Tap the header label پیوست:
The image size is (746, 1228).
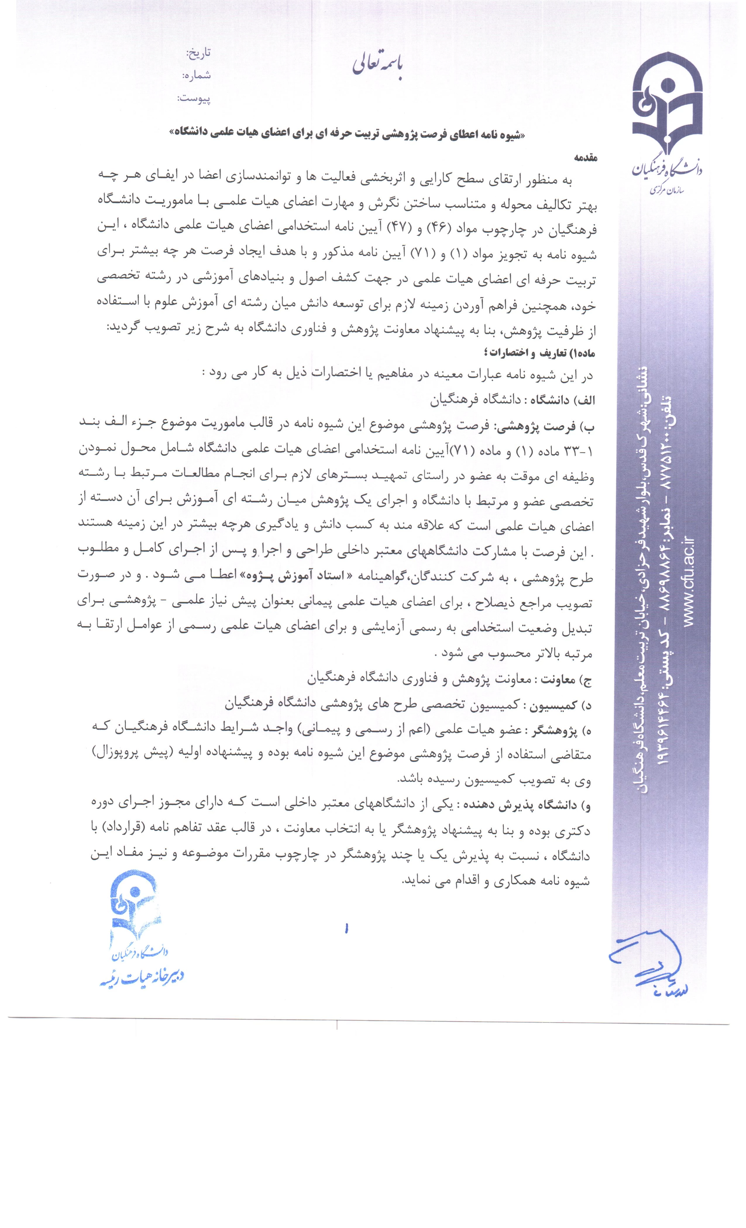point(195,99)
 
